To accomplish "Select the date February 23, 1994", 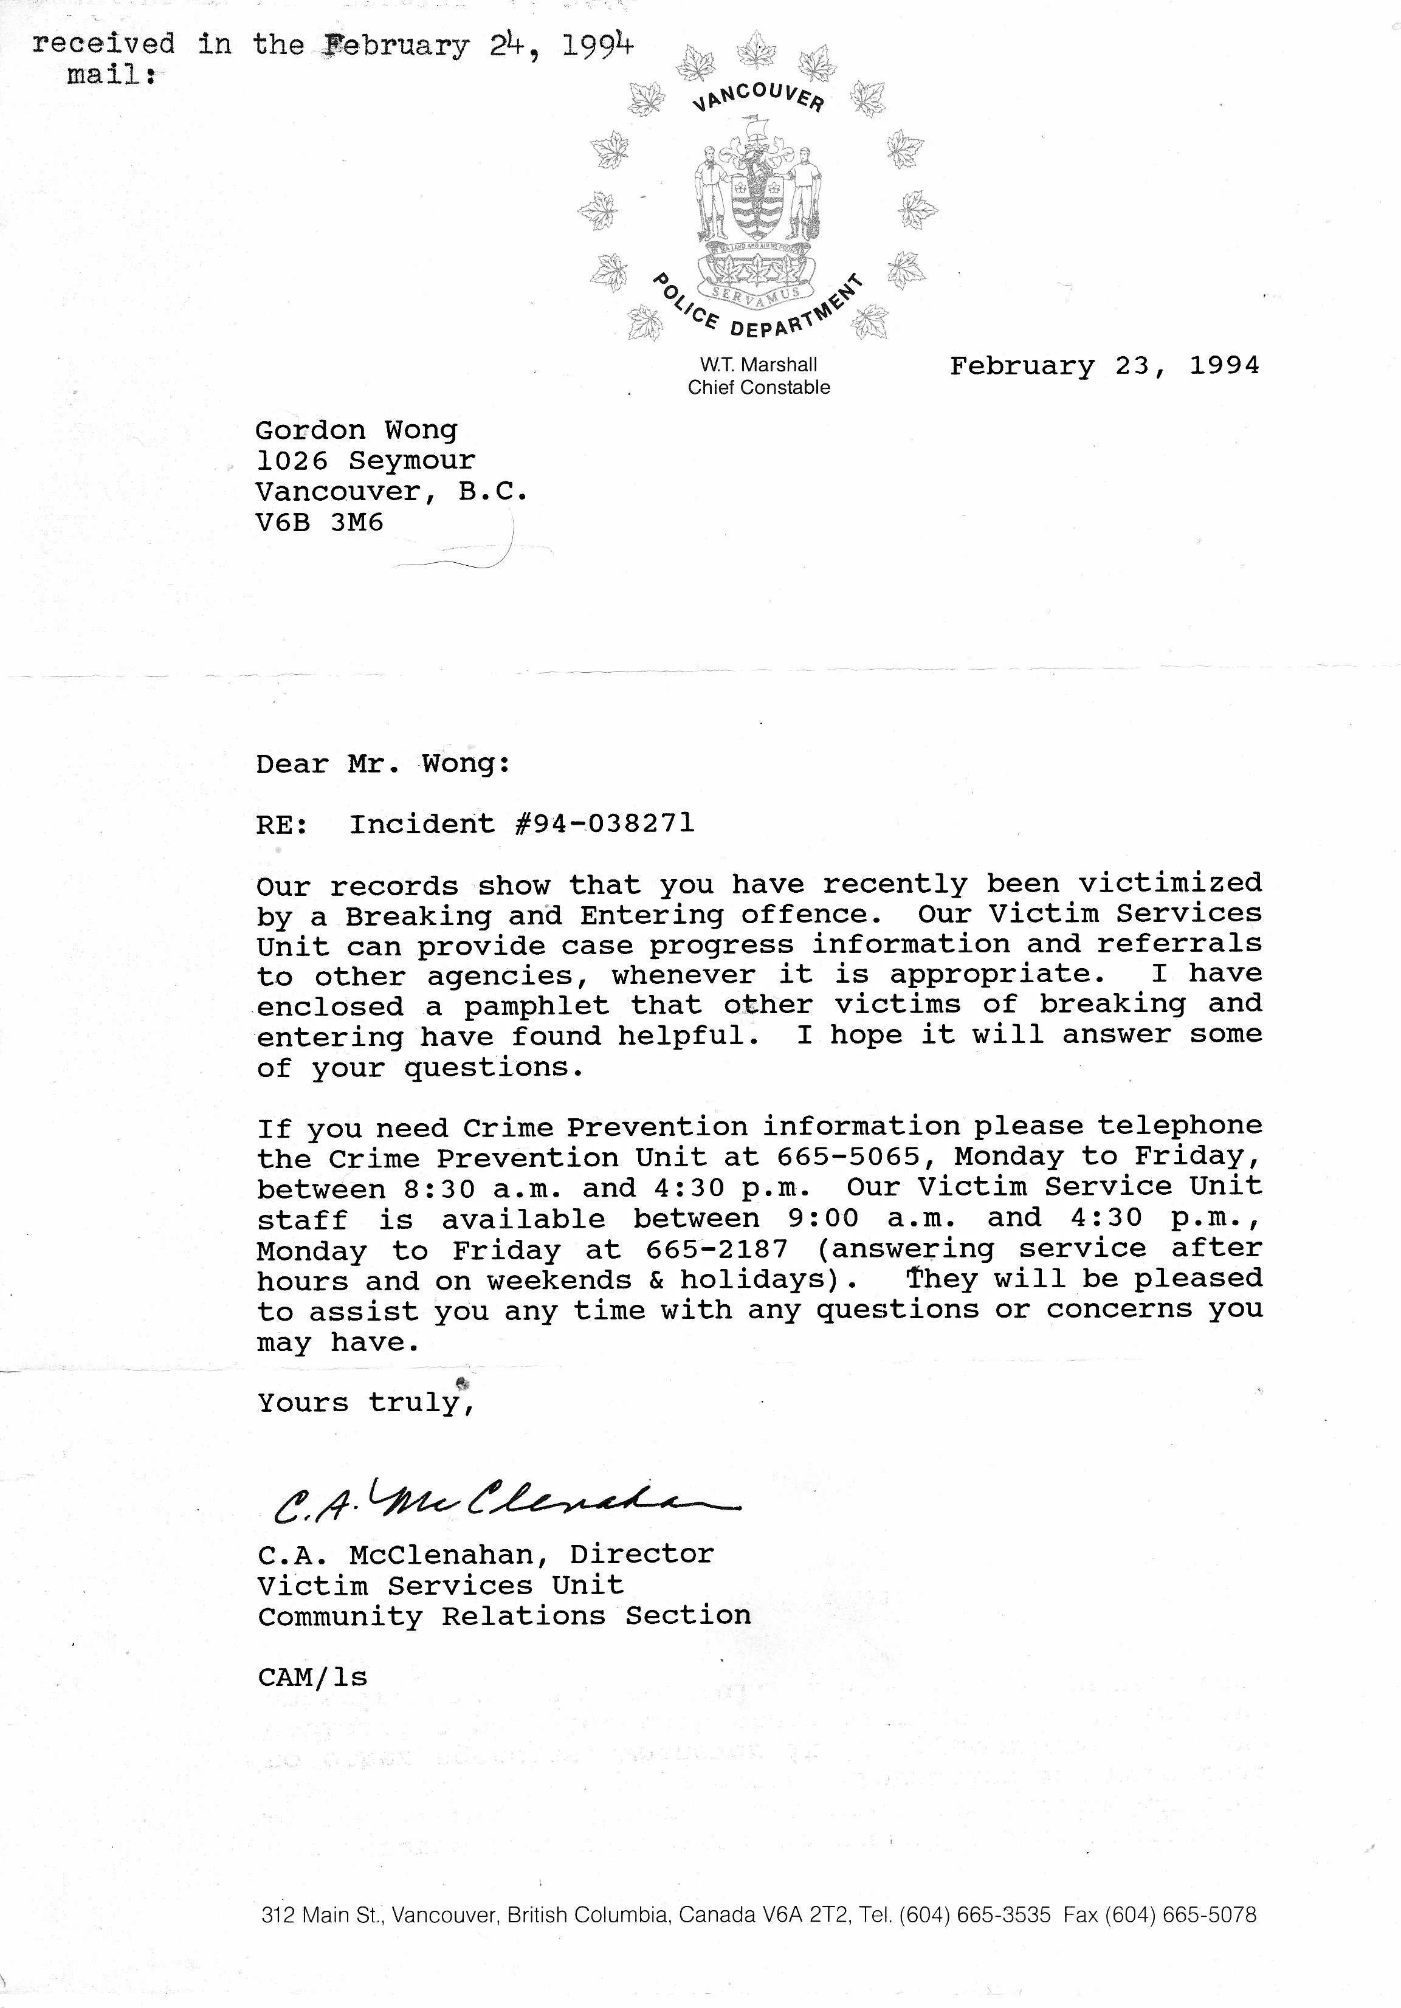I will pyautogui.click(x=1104, y=366).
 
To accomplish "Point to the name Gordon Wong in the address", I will pyautogui.click(x=356, y=430).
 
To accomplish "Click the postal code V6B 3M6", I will pyautogui.click(x=319, y=523).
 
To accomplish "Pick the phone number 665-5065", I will pyautogui.click(x=849, y=1157).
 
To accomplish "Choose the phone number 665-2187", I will pyautogui.click(x=717, y=1250).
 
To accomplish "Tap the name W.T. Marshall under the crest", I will pyautogui.click(x=758, y=365).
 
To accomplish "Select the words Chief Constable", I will pyautogui.click(x=758, y=387).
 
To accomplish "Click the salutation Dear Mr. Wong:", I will pyautogui.click(x=383, y=765).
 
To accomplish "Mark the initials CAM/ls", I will pyautogui.click(x=312, y=1677).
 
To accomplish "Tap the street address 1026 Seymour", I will pyautogui.click(x=365, y=461).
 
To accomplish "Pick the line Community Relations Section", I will pyautogui.click(x=504, y=1616).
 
